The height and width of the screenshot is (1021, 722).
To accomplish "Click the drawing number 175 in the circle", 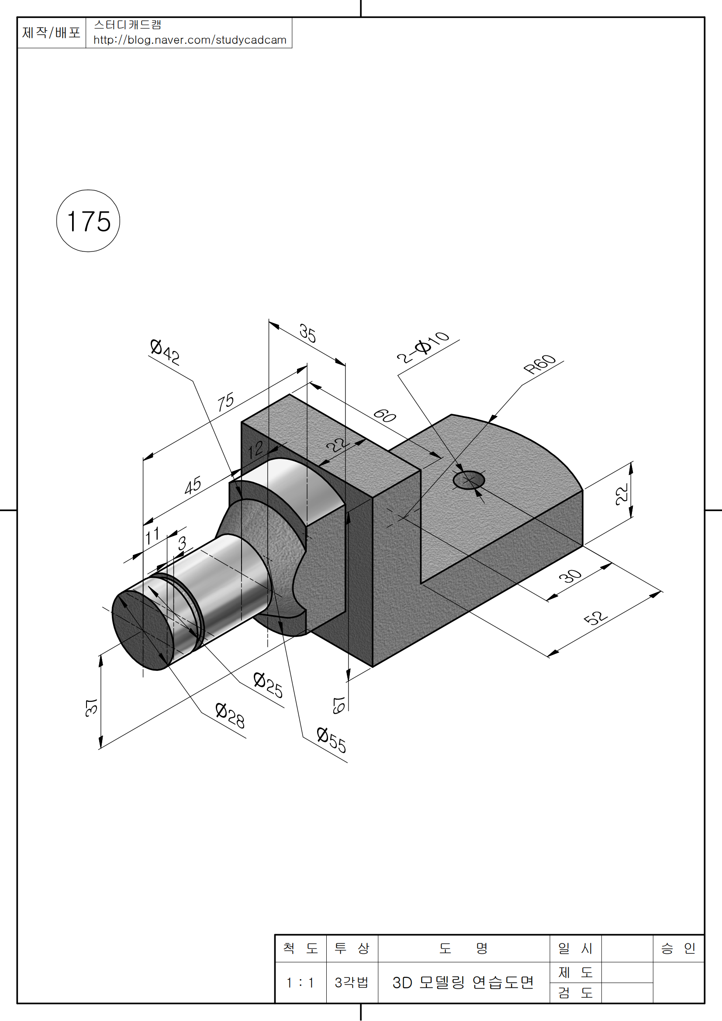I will coord(89,221).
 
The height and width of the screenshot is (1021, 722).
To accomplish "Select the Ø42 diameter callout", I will coord(165,352).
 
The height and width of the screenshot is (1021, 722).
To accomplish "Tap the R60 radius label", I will coord(539,364).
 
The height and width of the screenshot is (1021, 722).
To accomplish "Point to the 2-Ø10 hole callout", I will coord(423,347).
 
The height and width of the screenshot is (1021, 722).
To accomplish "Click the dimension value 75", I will coord(225,402).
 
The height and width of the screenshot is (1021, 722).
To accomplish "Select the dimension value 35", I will coord(307,333).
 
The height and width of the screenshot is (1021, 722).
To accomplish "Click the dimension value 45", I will coord(193,485).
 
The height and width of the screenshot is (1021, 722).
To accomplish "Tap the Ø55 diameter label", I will coord(332,740).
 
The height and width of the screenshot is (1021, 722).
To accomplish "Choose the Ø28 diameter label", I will coord(230,715).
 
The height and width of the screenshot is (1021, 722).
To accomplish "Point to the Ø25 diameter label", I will coord(268,685).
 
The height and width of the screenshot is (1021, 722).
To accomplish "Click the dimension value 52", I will coord(595,618).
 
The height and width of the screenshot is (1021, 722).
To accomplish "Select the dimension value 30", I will coord(570,576).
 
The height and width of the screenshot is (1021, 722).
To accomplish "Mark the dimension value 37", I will coord(91,708).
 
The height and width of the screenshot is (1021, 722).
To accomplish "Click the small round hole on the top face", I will coord(468,480).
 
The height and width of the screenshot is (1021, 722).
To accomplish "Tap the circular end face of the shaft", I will coord(142,630).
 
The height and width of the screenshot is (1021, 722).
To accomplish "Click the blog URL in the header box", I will coord(190,40).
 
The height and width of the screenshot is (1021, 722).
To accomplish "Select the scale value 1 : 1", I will coord(300,983).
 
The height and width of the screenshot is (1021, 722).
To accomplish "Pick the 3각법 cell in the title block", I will coord(352,983).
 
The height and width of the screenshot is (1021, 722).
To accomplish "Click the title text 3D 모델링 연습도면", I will coord(463,983).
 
